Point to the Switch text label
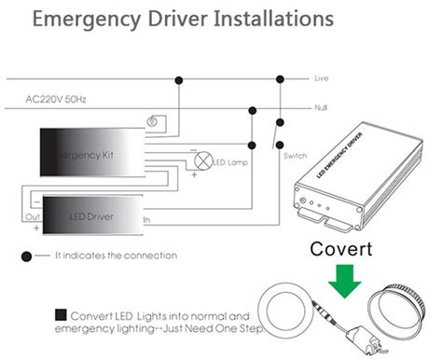click(294, 156)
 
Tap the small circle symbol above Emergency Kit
click(151, 120)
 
